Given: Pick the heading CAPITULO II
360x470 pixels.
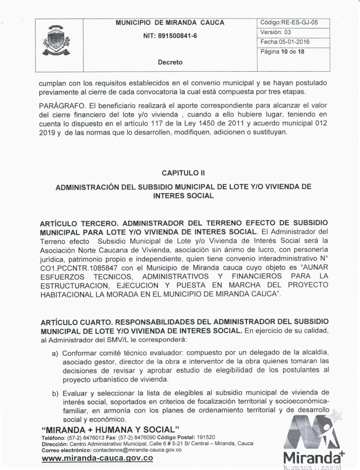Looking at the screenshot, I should click(x=181, y=170).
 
